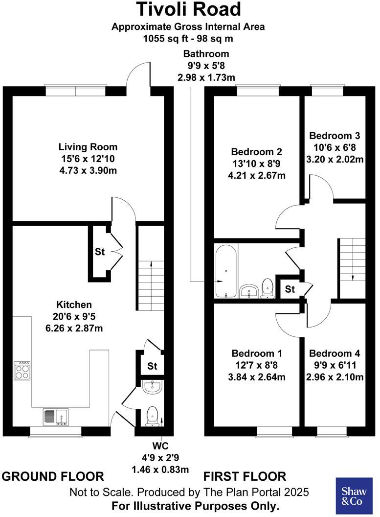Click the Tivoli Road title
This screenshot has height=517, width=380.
coord(188,9)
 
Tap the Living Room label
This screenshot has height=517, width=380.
coord(88,147)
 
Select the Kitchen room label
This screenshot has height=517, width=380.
coord(73,305)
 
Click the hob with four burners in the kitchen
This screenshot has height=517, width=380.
coord(23,370)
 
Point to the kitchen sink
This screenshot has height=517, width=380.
coord(56,416)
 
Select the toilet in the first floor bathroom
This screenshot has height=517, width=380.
coord(267,288)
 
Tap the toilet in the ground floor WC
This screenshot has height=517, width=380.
coord(153,415)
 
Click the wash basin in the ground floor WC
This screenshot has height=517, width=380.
coord(154,387)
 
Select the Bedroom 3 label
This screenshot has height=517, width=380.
coord(335,136)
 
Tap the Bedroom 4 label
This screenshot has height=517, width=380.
coord(335,353)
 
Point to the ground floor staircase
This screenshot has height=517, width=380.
coord(150,279)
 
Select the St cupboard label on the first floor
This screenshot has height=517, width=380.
coord(290,289)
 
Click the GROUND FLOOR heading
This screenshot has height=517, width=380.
coord(53,476)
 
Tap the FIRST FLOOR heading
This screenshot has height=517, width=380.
coord(245,476)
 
